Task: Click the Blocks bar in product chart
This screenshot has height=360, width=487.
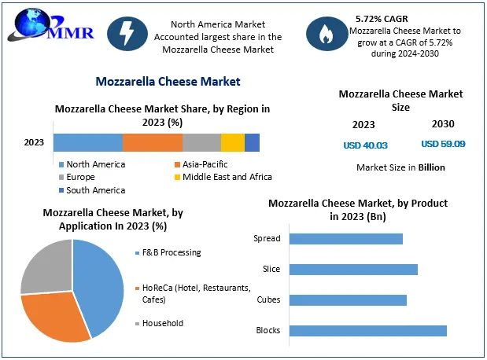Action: point(367,330)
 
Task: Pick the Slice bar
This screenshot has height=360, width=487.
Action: point(352,270)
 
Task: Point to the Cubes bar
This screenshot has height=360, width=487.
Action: point(347,299)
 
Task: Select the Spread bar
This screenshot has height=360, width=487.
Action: point(345,239)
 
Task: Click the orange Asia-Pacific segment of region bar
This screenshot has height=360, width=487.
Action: point(153,142)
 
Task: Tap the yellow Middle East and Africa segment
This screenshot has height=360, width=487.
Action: point(233,142)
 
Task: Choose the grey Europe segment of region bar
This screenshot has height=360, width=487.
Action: point(201,142)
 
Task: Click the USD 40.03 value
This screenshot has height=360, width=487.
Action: point(365,145)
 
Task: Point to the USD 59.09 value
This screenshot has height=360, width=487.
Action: point(443,144)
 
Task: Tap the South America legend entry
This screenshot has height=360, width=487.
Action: point(95,189)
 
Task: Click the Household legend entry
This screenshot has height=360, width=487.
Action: point(162,323)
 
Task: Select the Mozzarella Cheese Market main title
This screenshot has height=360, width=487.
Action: point(168,81)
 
